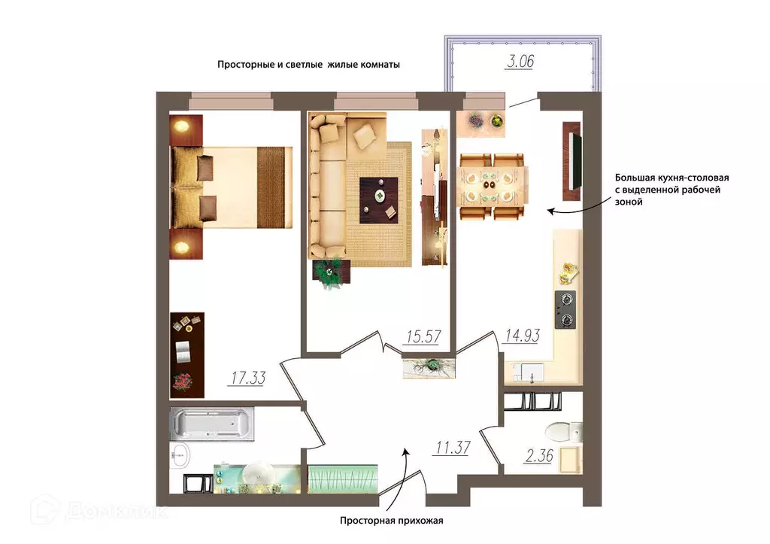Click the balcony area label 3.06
click(520, 62)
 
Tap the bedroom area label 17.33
click(248, 378)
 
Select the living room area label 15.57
click(424, 336)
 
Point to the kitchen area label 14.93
click(523, 336)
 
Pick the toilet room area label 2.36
click(539, 456)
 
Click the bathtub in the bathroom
click(212, 424)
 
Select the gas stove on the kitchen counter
click(565, 309)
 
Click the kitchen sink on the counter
click(529, 372)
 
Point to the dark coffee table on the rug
click(379, 200)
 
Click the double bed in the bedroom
click(231, 187)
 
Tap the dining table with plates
click(493, 187)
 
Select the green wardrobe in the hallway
click(343, 479)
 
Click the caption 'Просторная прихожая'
click(391, 521)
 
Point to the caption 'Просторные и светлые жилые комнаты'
click(308, 65)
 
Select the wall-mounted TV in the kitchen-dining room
click(571, 161)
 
